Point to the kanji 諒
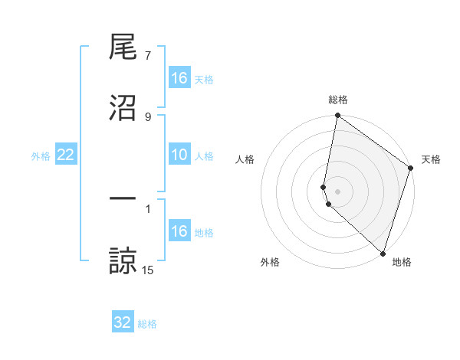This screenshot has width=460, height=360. pos(123,260)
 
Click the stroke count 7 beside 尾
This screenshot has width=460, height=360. pos(148,57)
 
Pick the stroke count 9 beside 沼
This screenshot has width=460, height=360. pos(148,116)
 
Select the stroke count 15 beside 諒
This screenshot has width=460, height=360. pos(148,269)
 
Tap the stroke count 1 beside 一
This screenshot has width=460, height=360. pos(148,208)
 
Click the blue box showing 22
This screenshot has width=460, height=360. pos(66,155)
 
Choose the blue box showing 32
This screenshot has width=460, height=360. pos(123,322)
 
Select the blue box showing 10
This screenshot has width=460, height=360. pos(179,155)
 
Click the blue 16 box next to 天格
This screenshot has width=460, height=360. pos(179,78)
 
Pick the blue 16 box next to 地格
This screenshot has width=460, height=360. pos(179,231)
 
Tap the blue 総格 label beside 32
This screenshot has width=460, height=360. pos(147,324)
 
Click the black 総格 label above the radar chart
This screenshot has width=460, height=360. pos(338,100)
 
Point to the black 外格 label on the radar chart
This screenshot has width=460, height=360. pos(270,262)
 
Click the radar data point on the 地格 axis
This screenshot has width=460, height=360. pos(383,253)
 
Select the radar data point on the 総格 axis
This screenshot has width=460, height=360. pos(337,116)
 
